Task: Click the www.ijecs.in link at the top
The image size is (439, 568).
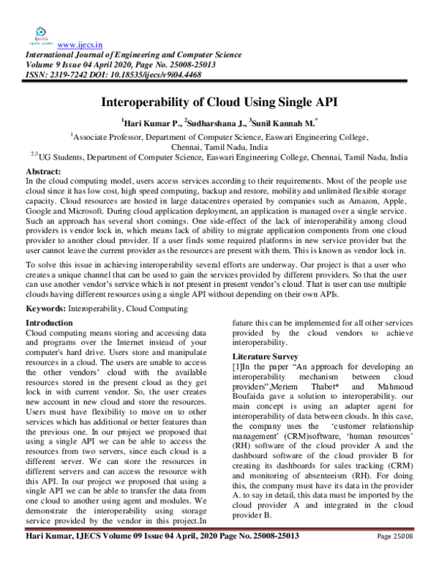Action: coord(80,43)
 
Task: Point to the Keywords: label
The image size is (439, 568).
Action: coord(45,310)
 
